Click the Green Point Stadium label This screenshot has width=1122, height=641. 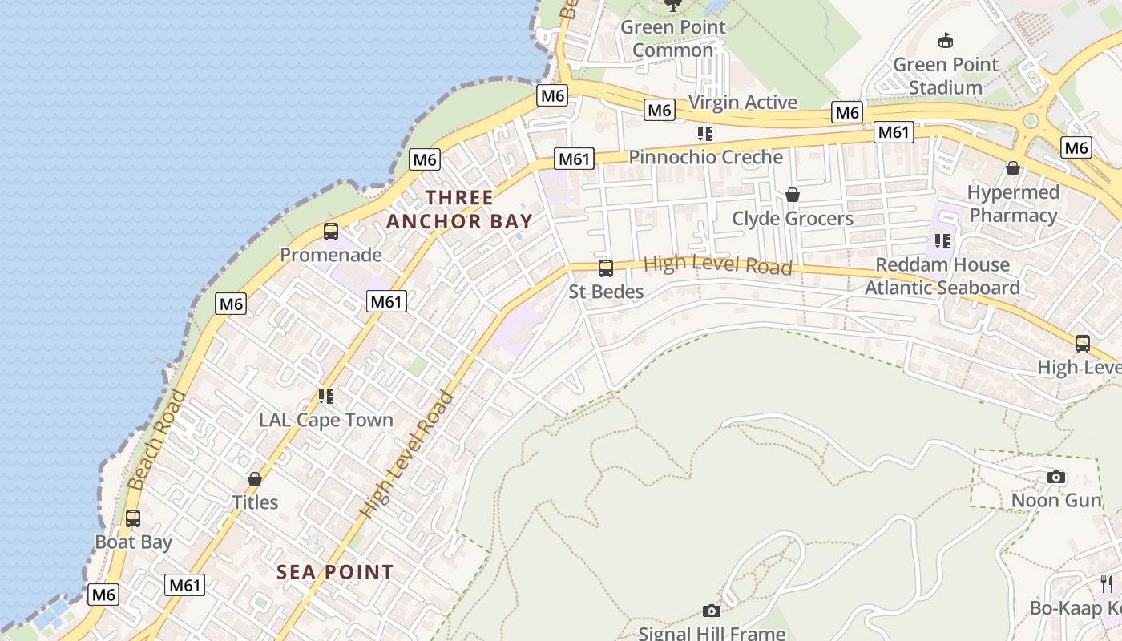click(946, 76)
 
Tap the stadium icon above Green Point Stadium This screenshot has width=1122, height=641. click(946, 40)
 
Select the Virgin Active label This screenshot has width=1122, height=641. click(743, 103)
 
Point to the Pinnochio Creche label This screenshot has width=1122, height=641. click(705, 157)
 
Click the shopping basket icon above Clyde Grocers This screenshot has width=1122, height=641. click(793, 195)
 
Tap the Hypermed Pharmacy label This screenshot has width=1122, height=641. click(1013, 204)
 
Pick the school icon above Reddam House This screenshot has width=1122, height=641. click(942, 240)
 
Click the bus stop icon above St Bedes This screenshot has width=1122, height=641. click(606, 268)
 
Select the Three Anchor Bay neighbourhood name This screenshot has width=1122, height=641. click(459, 209)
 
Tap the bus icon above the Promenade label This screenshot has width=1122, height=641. click(330, 232)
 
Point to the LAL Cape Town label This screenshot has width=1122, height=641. click(326, 420)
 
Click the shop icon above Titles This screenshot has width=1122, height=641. click(255, 479)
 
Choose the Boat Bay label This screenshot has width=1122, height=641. click(134, 542)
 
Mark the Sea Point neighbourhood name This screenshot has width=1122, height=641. click(335, 572)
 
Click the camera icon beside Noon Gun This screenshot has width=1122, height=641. click(1056, 478)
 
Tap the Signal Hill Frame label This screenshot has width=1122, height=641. click(712, 633)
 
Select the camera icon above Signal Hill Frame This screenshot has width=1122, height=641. click(711, 611)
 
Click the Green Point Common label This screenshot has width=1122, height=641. click(673, 38)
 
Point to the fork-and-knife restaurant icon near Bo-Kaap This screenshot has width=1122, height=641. click(1107, 583)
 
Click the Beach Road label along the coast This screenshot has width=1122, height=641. click(156, 440)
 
